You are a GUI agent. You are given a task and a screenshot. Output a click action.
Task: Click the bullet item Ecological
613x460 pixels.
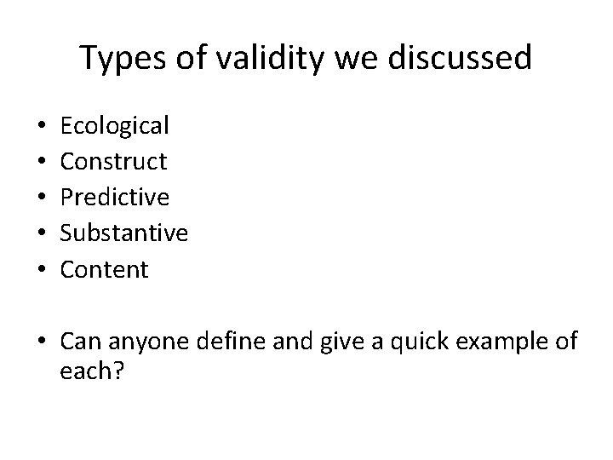(x=115, y=126)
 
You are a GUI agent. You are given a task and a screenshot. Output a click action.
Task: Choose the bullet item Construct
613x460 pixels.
(x=113, y=162)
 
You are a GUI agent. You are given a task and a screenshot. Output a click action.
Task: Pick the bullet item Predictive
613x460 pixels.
(x=115, y=198)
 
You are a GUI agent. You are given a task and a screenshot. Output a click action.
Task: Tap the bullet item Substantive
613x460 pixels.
(x=124, y=233)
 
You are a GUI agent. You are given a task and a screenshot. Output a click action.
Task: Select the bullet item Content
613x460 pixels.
(x=105, y=270)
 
